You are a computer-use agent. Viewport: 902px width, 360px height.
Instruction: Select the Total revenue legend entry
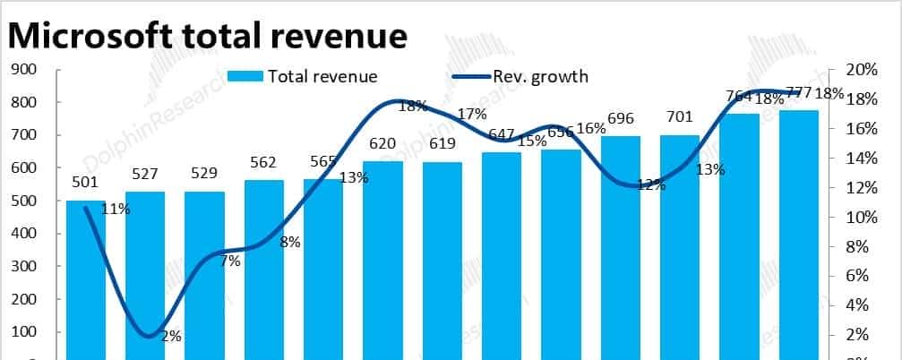[x=303, y=76]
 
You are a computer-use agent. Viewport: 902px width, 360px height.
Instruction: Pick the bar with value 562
[x=264, y=269]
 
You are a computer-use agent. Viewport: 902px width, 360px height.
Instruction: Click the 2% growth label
[x=171, y=337]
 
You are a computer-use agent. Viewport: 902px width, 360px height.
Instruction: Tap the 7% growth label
[x=230, y=261]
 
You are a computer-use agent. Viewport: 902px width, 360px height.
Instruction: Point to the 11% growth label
[x=116, y=210]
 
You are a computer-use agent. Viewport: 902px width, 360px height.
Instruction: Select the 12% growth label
[x=650, y=185]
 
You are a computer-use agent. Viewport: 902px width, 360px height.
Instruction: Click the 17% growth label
[x=471, y=114]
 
